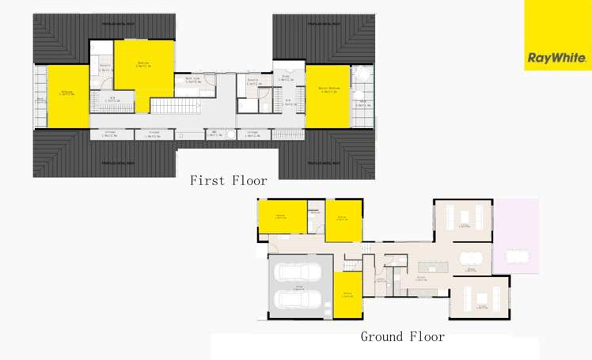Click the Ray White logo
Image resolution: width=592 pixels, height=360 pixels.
(x=556, y=58)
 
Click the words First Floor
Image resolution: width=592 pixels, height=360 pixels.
(x=228, y=180)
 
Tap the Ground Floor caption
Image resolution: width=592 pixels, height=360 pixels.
(x=402, y=336)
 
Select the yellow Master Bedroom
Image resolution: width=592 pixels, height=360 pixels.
(x=328, y=96)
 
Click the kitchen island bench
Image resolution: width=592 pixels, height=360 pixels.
(x=434, y=268)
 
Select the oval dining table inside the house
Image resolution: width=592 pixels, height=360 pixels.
(x=470, y=257)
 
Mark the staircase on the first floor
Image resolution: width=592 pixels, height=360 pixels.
(x=166, y=105)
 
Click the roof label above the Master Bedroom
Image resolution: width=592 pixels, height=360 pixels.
(x=324, y=26)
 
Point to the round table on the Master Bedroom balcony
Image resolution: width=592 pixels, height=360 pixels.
(x=361, y=75)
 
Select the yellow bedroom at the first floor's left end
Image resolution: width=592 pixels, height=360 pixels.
(x=67, y=95)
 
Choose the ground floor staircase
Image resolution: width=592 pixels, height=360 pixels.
(x=369, y=248)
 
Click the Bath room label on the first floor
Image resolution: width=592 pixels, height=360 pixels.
(x=193, y=79)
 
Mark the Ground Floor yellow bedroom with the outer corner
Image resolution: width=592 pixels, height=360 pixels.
(x=281, y=217)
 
